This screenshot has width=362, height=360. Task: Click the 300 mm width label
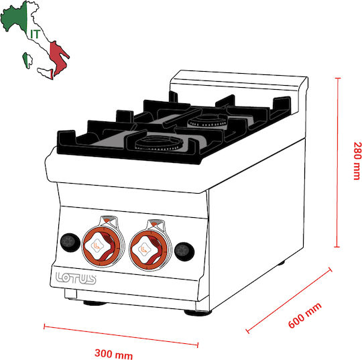click(113, 354)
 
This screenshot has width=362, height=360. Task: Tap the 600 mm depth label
click(305, 315)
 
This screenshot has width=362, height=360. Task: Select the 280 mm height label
click(357, 161)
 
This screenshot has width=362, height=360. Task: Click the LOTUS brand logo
click(76, 278)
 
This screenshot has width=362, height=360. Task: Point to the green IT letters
click(35, 34)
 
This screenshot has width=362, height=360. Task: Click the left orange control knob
click(102, 246)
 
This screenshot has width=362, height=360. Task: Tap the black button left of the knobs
click(70, 242)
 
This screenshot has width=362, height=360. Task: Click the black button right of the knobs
click(184, 251)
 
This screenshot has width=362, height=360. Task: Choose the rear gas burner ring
click(207, 121)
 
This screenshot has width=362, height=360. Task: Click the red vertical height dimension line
click(337, 162)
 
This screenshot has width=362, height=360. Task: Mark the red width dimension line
click(121, 336)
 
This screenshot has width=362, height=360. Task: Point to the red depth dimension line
click(290, 300)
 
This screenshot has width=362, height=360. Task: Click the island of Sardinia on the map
click(27, 60)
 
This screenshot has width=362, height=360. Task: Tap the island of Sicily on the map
click(46, 73)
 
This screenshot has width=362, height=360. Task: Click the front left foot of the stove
click(95, 303)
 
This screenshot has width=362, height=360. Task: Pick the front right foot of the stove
click(198, 313)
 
